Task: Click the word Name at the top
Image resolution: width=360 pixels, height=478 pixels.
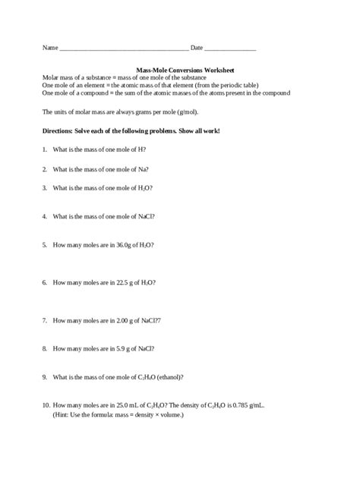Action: click(49, 48)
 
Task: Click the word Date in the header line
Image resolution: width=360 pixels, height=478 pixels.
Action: click(197, 48)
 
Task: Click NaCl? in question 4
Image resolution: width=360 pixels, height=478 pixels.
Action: click(147, 215)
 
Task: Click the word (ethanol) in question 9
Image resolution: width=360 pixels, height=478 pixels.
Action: click(169, 377)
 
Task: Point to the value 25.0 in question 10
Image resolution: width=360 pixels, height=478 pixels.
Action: click(125, 406)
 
